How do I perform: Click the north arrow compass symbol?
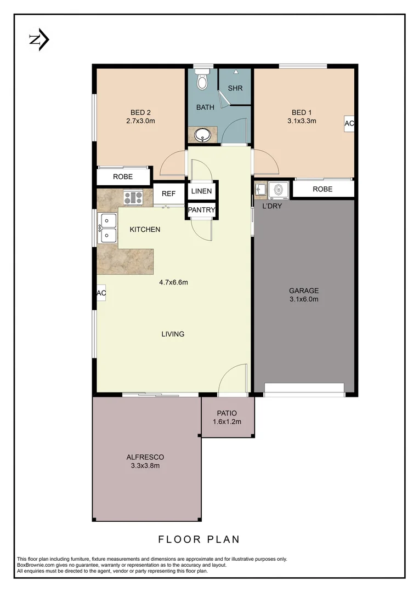coord(39,40)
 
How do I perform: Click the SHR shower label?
coord(235,88)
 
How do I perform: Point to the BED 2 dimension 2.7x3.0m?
coord(140,121)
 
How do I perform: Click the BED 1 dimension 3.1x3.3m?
coord(302,121)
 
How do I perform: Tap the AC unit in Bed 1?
coord(349,124)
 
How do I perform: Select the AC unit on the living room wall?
coord(101,293)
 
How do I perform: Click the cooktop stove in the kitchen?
coord(133,197)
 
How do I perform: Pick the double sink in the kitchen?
coord(107,228)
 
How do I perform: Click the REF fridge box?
coord(168,193)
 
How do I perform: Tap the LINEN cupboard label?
coord(202,191)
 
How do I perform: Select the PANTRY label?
coord(202,210)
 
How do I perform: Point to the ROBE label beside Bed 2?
coord(123,177)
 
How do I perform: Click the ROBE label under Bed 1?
coord(322,189)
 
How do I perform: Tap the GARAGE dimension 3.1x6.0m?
coord(303,299)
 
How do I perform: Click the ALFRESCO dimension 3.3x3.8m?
coord(145,466)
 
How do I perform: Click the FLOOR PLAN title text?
coord(199,539)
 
